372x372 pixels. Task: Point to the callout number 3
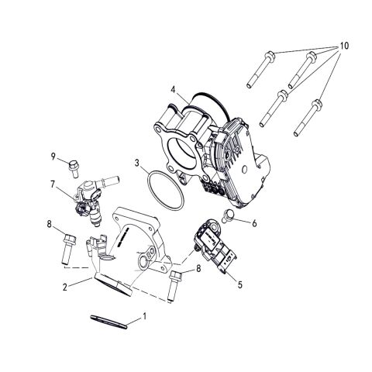coord(137,164)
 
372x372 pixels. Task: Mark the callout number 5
coord(239,284)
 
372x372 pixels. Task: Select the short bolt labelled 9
coord(75,164)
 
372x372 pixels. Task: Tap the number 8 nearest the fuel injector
coord(49,225)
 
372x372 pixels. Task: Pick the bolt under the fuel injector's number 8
coord(66,247)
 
